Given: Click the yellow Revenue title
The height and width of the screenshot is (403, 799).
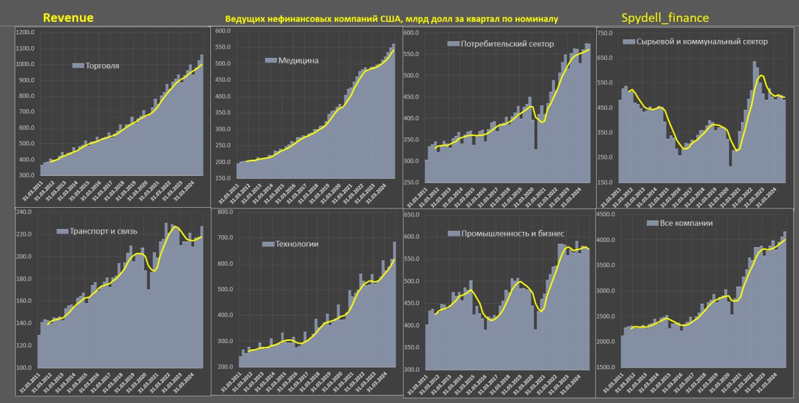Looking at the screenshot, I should (68, 17).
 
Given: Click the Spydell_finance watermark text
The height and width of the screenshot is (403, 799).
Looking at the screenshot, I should (665, 17).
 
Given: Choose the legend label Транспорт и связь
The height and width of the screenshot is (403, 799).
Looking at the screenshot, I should (102, 231).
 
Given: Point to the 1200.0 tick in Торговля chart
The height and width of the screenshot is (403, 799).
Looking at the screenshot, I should (26, 32).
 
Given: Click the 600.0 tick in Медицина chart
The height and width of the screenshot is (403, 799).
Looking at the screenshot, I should (223, 31).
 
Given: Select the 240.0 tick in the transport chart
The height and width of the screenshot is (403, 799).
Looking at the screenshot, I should (23, 212).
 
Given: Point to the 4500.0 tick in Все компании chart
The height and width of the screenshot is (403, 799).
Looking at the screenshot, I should (607, 215).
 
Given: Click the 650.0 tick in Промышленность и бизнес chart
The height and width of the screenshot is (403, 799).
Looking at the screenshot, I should (413, 215).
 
